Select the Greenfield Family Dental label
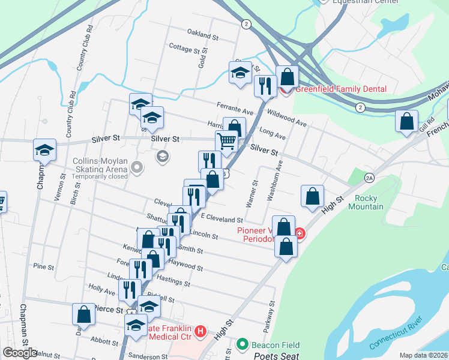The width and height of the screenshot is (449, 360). (x=340, y=89)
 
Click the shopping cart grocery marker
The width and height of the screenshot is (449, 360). (x=227, y=142)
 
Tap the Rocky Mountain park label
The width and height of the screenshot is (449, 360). (x=369, y=202)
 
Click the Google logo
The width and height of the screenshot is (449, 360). (x=19, y=353)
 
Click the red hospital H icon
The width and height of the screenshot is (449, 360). (x=201, y=331)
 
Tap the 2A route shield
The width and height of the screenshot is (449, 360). (x=369, y=178)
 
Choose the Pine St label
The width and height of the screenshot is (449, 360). (x=44, y=266)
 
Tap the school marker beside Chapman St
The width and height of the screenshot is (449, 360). (x=44, y=150)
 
